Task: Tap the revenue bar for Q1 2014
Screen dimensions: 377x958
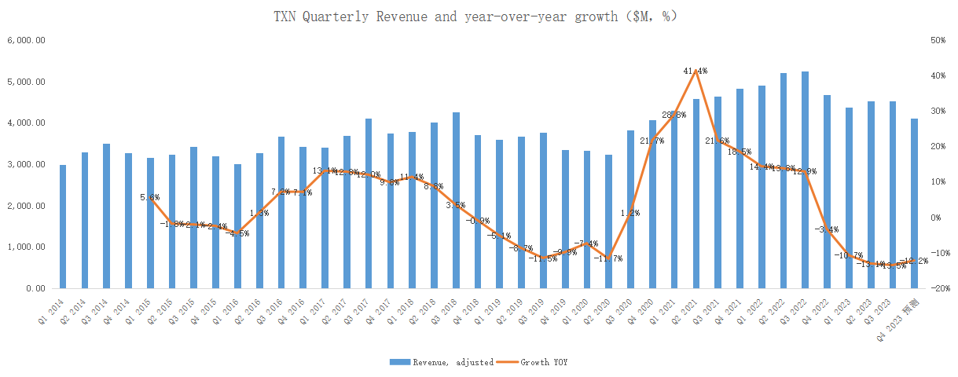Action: coord(63,227)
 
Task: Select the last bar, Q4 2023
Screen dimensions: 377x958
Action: coord(913,204)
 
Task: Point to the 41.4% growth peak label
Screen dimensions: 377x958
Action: coord(696,71)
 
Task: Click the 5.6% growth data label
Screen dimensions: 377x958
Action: coord(149,198)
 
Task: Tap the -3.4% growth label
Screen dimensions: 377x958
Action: coord(827,230)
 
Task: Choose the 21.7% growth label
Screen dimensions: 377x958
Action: coord(652,141)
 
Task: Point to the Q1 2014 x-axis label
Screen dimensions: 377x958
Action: coord(54,310)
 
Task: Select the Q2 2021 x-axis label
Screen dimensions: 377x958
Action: coord(685,310)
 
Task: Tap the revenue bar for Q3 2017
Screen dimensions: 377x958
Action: coord(369,203)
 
